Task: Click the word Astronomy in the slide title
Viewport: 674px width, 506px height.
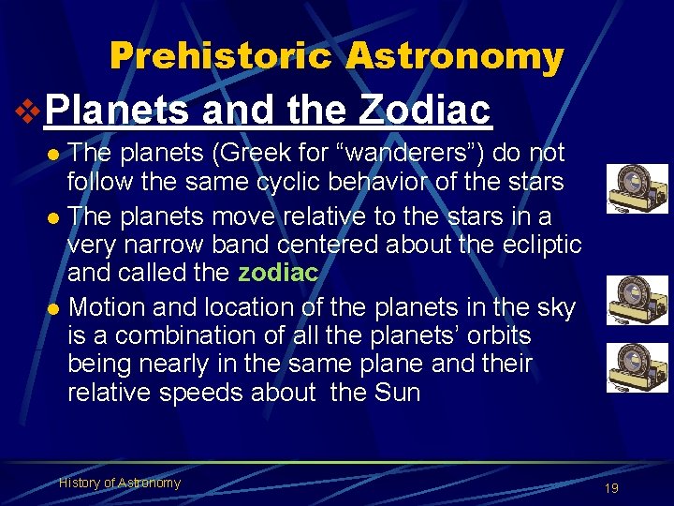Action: coord(454,56)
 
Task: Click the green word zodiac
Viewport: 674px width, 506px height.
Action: coord(279,273)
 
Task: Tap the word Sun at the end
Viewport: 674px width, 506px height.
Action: coord(397,393)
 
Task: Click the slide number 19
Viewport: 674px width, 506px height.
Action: coord(612,488)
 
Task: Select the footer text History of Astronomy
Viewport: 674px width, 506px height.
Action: coord(120,483)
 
